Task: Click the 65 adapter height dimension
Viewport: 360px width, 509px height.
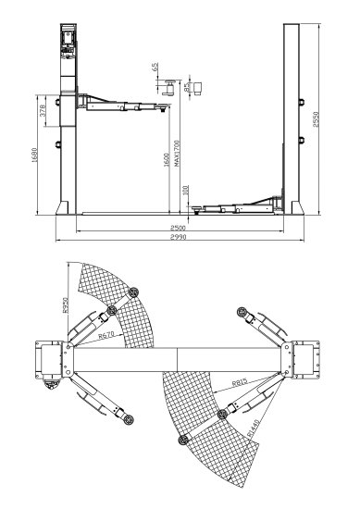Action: (155, 71)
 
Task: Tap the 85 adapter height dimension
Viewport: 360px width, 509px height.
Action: (187, 88)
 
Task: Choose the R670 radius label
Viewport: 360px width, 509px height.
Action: (108, 340)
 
